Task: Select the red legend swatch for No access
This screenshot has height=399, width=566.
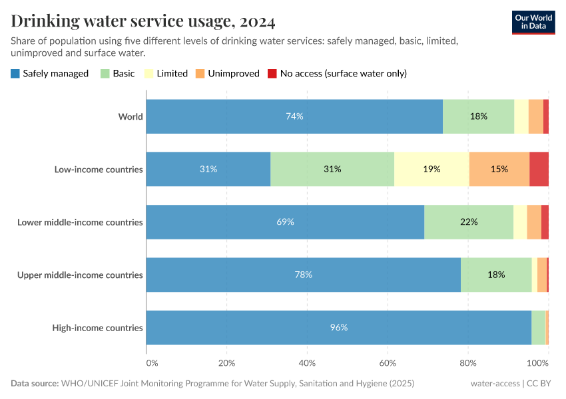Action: pyautogui.click(x=272, y=73)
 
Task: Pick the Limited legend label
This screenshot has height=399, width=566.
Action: pyautogui.click(x=172, y=73)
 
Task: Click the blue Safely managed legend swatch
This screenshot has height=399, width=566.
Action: pyautogui.click(x=15, y=73)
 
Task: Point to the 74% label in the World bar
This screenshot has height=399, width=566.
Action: pyautogui.click(x=294, y=116)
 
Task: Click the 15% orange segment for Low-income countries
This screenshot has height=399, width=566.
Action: pyautogui.click(x=499, y=169)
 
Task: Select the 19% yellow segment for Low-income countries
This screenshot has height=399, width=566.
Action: pyautogui.click(x=431, y=169)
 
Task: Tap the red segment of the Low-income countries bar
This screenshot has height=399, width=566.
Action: pyautogui.click(x=539, y=169)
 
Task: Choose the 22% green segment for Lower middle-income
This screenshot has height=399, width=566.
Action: pyautogui.click(x=469, y=222)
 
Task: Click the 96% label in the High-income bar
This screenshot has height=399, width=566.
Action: pyautogui.click(x=339, y=327)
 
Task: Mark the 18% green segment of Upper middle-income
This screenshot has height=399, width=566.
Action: pyautogui.click(x=496, y=275)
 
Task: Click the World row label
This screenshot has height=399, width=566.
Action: pyautogui.click(x=131, y=116)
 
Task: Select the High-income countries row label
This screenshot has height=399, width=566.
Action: pyautogui.click(x=97, y=327)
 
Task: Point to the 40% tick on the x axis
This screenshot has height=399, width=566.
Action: pyautogui.click(x=307, y=363)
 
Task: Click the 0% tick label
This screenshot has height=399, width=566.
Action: pyautogui.click(x=152, y=363)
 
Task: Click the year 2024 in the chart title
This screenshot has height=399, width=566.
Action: pyautogui.click(x=254, y=21)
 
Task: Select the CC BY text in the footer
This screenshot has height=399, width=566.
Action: pyautogui.click(x=542, y=384)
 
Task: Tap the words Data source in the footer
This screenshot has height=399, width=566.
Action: pyautogui.click(x=34, y=384)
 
